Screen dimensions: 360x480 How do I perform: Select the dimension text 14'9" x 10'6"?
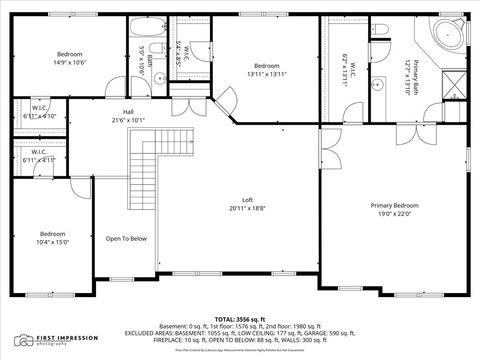(x=69, y=61)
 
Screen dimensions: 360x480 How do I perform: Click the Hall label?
(x=129, y=111)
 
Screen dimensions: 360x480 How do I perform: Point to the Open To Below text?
(x=127, y=238)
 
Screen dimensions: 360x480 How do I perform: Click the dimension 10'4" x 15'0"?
(x=54, y=241)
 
